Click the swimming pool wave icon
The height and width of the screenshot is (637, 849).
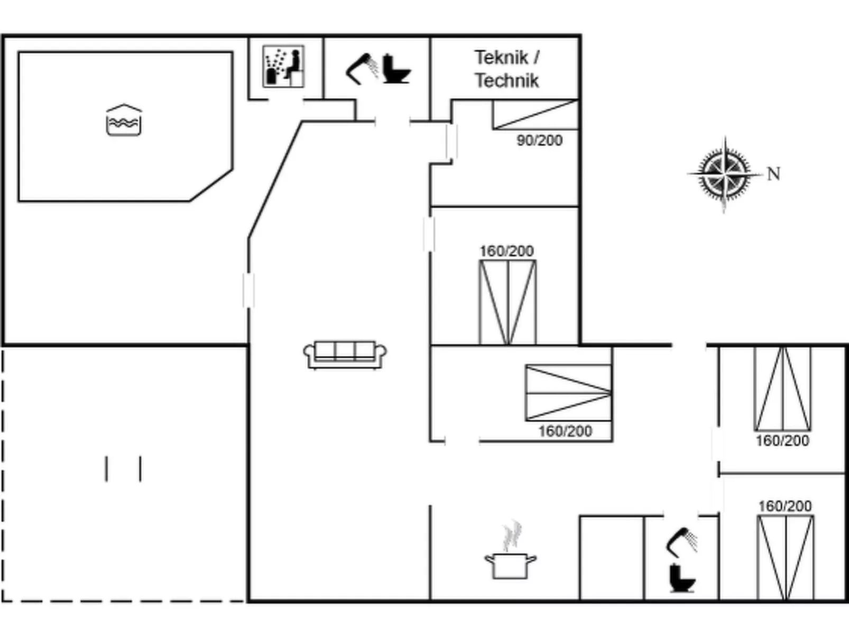click(x=124, y=120)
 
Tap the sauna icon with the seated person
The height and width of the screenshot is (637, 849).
click(x=283, y=66)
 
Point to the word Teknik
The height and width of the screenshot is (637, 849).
click(x=501, y=57)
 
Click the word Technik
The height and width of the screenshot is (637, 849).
click(x=506, y=80)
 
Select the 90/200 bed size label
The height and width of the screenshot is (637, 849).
click(x=539, y=141)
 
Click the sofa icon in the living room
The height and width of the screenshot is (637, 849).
click(x=345, y=354)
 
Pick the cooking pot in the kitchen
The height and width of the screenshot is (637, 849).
click(x=510, y=552)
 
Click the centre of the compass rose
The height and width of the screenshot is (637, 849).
click(x=725, y=173)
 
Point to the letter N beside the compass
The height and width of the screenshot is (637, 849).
click(x=773, y=173)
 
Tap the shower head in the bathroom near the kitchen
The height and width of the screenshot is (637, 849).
click(x=682, y=542)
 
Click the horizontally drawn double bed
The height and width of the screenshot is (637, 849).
click(x=569, y=393)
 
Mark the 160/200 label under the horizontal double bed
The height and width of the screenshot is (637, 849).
click(x=565, y=431)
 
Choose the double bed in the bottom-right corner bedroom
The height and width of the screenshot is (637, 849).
click(x=786, y=558)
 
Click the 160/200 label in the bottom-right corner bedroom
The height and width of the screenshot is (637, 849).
click(x=785, y=506)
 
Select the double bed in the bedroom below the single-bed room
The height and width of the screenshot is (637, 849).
click(x=507, y=302)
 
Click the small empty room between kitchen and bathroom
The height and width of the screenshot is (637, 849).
click(x=612, y=558)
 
